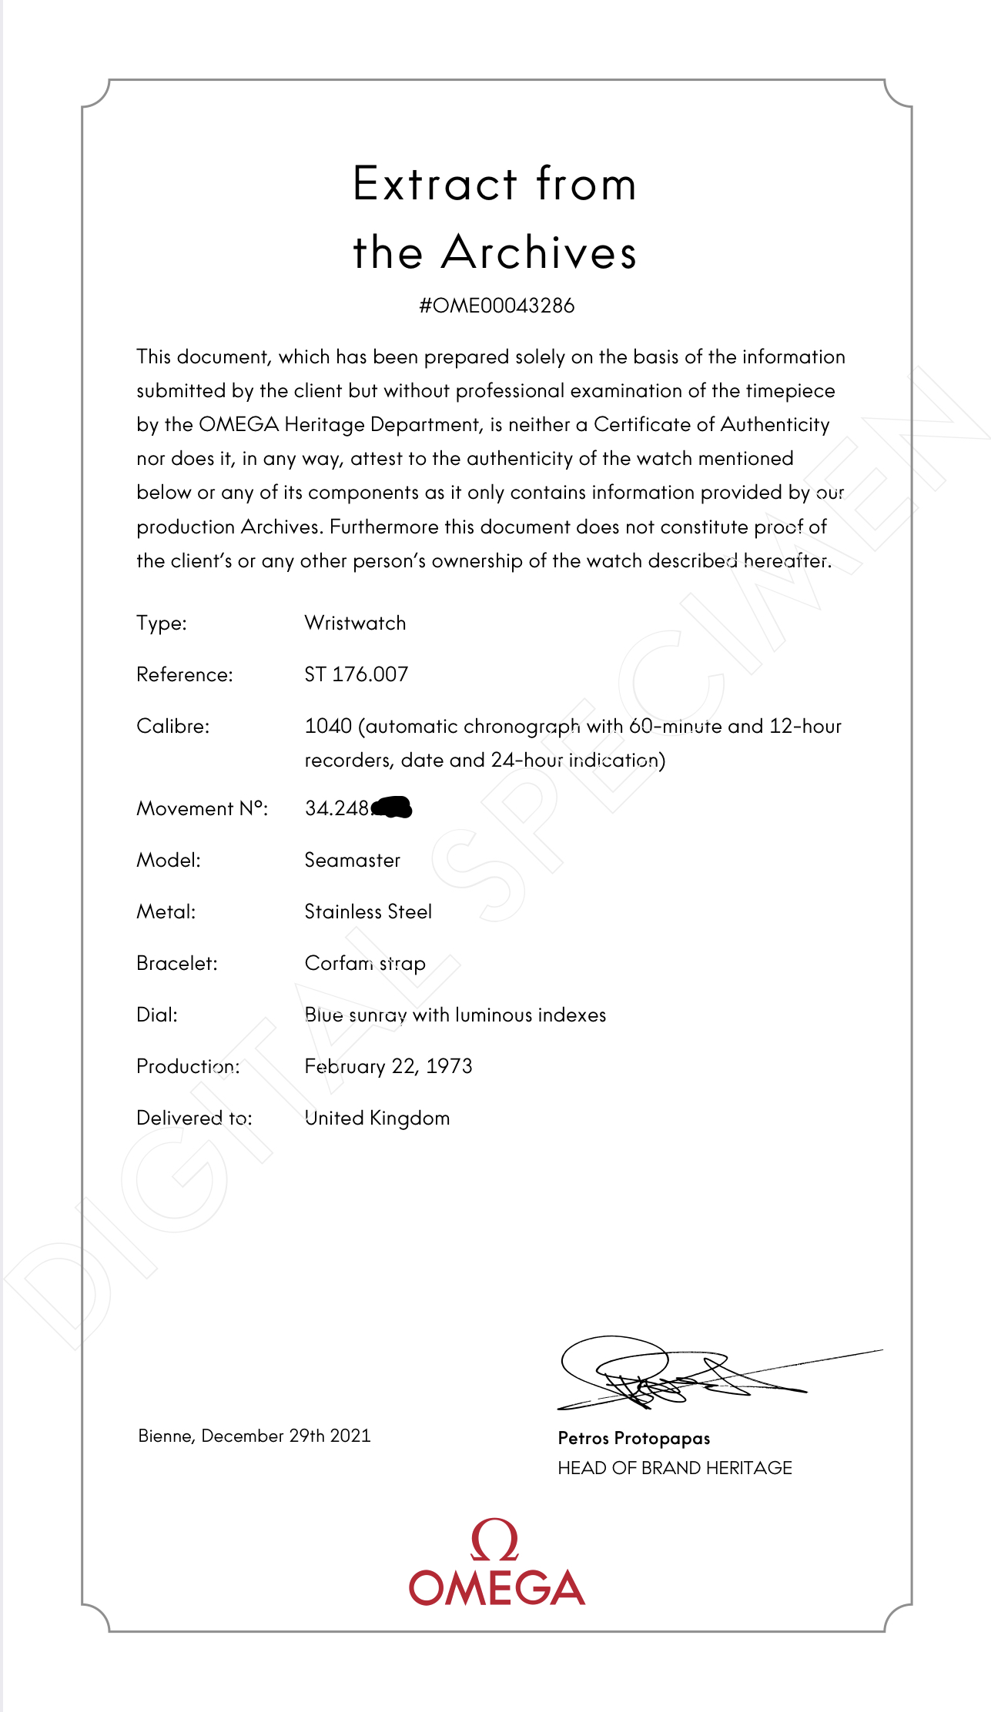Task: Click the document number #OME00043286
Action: (x=497, y=306)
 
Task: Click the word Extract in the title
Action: (x=435, y=184)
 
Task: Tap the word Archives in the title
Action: (x=539, y=252)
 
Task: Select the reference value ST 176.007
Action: (x=356, y=674)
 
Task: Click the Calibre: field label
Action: (x=172, y=726)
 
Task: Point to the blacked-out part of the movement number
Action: (x=392, y=808)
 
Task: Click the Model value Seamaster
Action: (x=353, y=860)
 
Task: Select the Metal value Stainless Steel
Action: (x=368, y=911)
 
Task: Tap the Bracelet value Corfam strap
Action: (x=365, y=963)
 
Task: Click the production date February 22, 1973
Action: (x=388, y=1066)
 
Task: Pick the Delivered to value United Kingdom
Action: (x=377, y=1118)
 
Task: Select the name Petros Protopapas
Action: (x=634, y=1438)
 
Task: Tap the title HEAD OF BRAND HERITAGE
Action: (x=675, y=1468)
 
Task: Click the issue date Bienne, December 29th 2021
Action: (x=254, y=1436)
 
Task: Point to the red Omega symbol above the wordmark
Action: (x=494, y=1540)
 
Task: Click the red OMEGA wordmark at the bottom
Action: (x=497, y=1587)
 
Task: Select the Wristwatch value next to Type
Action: (x=355, y=623)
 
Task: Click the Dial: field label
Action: (x=157, y=1015)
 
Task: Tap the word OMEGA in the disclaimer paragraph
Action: (x=238, y=425)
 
